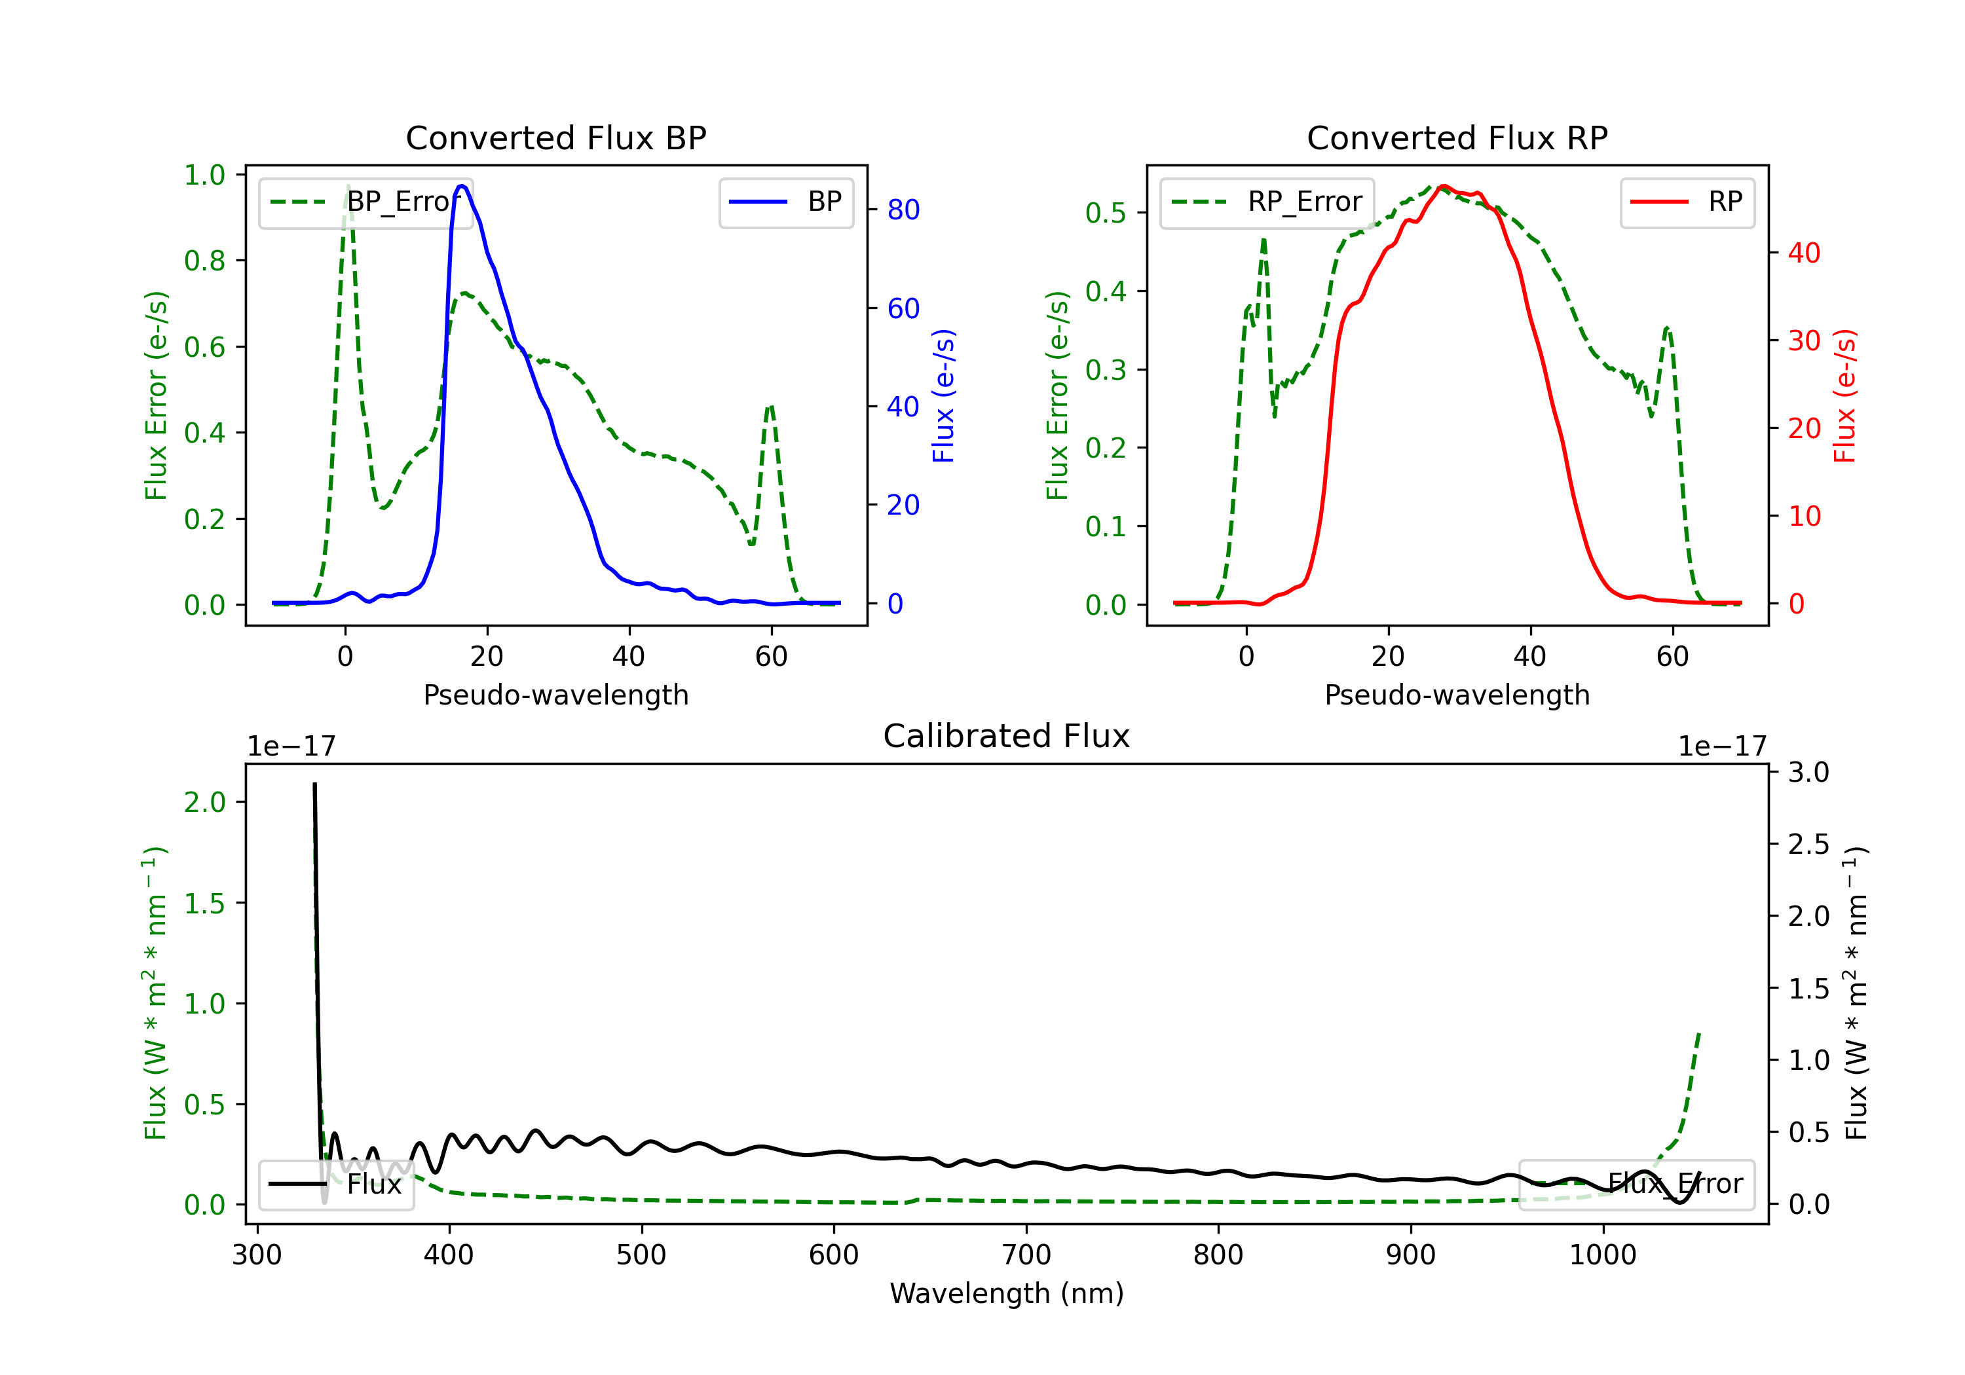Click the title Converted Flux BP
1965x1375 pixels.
tap(555, 137)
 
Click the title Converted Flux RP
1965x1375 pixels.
tap(1457, 137)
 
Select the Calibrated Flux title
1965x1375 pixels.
tap(1007, 736)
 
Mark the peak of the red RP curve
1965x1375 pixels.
tap(1444, 186)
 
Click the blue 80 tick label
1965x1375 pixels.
tap(903, 210)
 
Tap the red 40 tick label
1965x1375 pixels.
tap(1804, 253)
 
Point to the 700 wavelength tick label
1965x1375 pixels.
tap(1026, 1255)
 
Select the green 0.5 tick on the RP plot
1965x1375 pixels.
tap(1106, 212)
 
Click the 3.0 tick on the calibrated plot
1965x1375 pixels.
tap(1808, 773)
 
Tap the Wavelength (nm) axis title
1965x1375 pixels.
tap(1007, 1293)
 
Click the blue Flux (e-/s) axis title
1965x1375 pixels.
tap(943, 396)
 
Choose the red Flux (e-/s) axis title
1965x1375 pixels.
tap(1844, 396)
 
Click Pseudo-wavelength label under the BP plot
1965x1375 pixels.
tap(555, 695)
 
